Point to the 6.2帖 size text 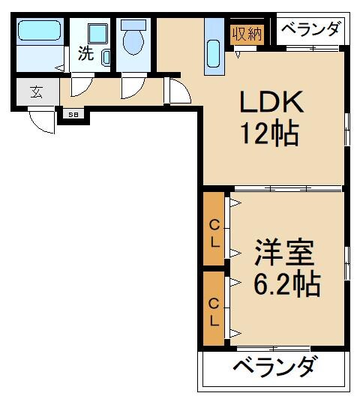286,284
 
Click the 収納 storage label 245,34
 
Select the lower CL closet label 214,312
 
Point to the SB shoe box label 73,115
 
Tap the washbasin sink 97,35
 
